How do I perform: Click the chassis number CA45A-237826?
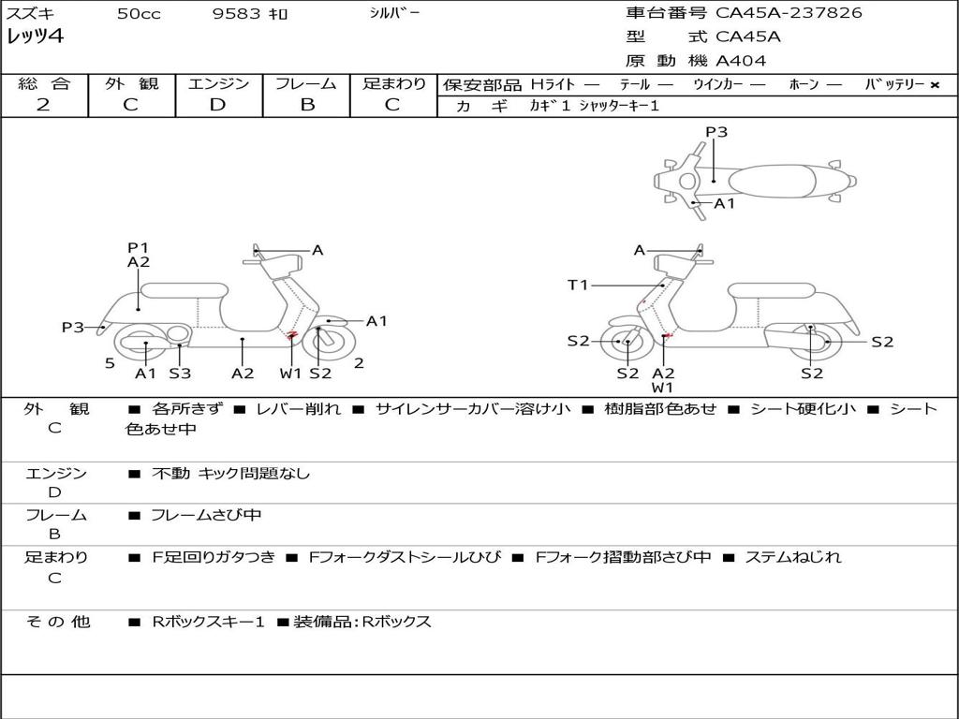[789, 13]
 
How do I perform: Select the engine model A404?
[741, 61]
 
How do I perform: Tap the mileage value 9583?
[236, 13]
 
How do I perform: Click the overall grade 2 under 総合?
[43, 105]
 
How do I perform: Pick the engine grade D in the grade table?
[217, 105]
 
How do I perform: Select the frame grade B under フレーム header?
[307, 105]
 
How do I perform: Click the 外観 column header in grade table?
[131, 83]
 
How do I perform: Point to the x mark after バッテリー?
[935, 85]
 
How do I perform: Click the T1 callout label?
[577, 285]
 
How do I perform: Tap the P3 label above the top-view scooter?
[716, 132]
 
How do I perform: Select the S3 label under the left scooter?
[180, 373]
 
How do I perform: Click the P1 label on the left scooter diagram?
[139, 247]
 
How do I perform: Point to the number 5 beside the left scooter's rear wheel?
[110, 363]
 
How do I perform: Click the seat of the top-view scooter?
[772, 182]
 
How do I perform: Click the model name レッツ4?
[35, 37]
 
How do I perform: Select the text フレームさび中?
[206, 516]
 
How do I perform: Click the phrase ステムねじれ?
[793, 557]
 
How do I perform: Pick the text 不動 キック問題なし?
[230, 473]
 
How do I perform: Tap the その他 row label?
[58, 622]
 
